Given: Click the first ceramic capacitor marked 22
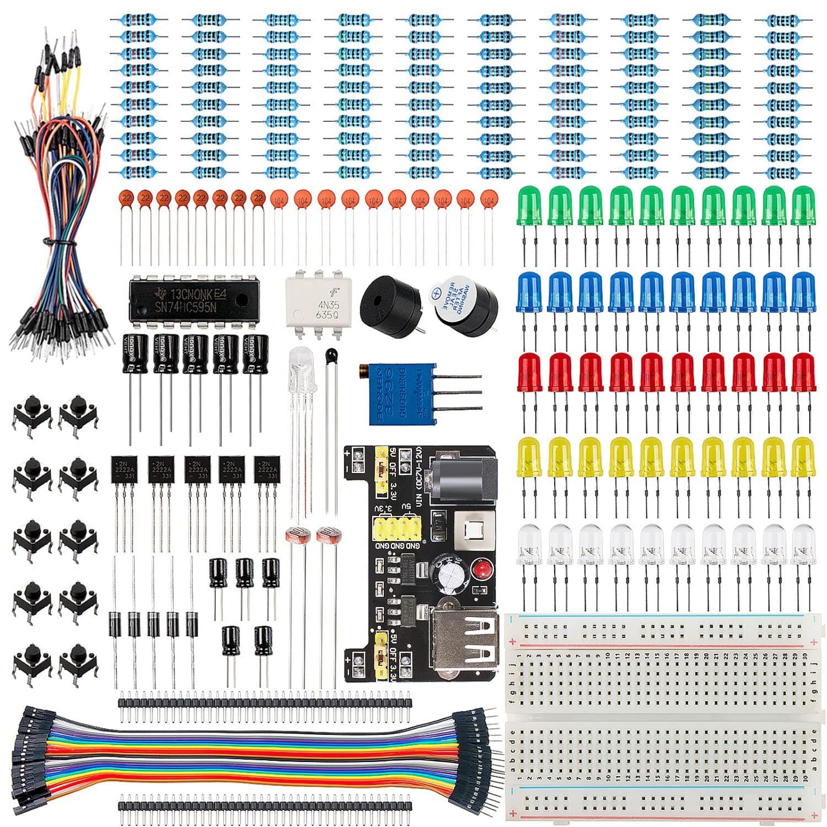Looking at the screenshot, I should pos(127,197).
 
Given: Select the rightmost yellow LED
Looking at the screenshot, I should pos(803,457).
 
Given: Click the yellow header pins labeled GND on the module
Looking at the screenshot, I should pos(395,529).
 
